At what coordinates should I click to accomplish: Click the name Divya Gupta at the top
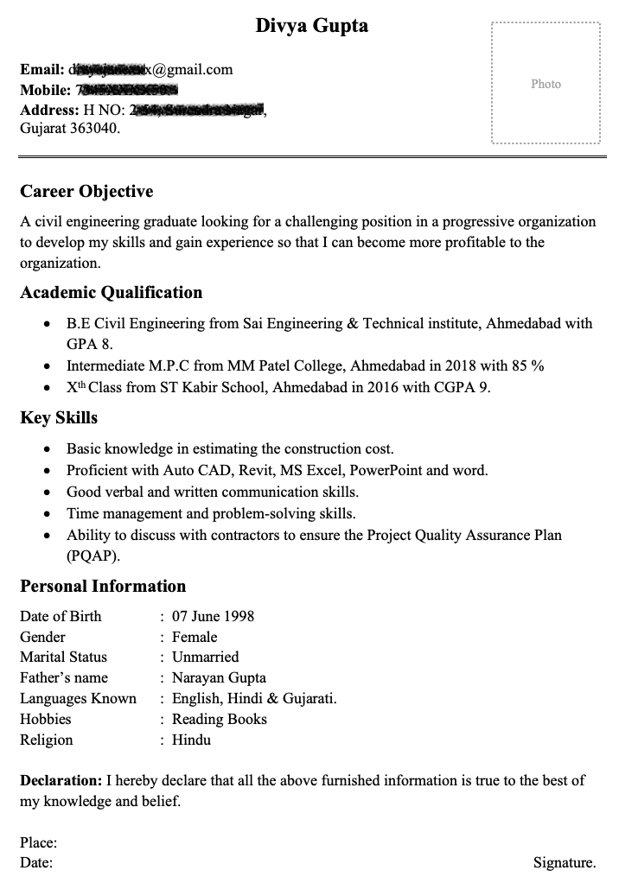[311, 26]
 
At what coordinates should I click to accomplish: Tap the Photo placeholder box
[546, 84]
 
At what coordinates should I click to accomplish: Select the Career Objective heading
[86, 192]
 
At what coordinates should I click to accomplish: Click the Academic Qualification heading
[112, 292]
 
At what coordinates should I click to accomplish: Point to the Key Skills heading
[59, 418]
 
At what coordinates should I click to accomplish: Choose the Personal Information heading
[103, 586]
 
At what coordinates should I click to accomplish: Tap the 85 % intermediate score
[526, 366]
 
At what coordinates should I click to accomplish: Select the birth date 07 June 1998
[213, 616]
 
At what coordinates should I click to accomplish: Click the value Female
[195, 637]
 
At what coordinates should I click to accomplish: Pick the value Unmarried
[205, 657]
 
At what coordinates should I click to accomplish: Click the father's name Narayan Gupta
[219, 677]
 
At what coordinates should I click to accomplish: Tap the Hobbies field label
[46, 719]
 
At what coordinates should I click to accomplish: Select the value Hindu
[191, 740]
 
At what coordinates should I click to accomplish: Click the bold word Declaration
[61, 780]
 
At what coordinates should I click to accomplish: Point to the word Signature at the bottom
[564, 862]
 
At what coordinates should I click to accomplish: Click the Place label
[39, 842]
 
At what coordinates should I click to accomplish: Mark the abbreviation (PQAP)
[93, 556]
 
